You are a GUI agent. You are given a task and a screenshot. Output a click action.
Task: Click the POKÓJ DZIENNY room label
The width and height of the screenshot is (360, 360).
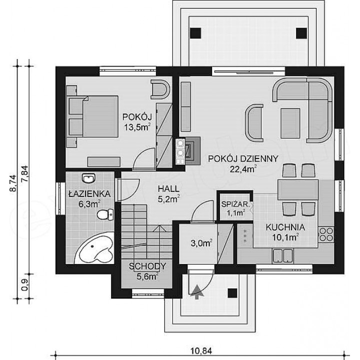pyautogui.click(x=243, y=158)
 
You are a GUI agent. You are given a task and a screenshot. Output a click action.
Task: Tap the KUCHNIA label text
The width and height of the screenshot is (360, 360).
pyautogui.click(x=285, y=227)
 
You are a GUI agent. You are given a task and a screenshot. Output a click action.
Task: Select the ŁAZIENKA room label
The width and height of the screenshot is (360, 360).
pyautogui.click(x=90, y=194)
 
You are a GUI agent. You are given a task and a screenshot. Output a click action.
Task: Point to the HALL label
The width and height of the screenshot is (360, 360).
pyautogui.click(x=168, y=188)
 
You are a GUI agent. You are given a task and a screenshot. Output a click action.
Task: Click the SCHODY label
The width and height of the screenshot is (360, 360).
pyautogui.click(x=147, y=266)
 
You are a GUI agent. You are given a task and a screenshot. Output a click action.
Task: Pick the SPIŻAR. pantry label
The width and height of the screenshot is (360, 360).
pyautogui.click(x=234, y=204)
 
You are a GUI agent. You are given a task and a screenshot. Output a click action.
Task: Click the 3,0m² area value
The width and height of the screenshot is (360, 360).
pyautogui.click(x=201, y=243)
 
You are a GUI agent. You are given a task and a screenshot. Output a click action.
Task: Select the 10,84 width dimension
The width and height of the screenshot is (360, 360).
pyautogui.click(x=201, y=351)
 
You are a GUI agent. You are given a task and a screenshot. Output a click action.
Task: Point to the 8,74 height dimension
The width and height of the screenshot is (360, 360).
pyautogui.click(x=13, y=183)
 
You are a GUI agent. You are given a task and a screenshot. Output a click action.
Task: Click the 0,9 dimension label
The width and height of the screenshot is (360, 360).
pyautogui.click(x=25, y=284)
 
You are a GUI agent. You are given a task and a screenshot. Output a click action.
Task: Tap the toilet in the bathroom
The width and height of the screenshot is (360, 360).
pyautogui.click(x=105, y=214)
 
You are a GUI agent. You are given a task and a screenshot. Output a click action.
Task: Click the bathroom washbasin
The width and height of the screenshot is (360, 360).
pyautogui.click(x=88, y=178)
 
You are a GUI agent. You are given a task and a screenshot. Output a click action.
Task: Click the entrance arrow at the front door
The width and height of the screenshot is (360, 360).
pyautogui.click(x=197, y=292)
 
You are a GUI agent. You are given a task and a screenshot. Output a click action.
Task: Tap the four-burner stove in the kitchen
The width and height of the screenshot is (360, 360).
pyautogui.click(x=326, y=234)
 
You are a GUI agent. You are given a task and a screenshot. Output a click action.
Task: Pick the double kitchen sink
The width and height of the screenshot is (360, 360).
pyautogui.click(x=282, y=256)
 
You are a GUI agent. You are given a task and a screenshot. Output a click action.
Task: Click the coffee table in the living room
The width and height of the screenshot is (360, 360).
pyautogui.click(x=290, y=123)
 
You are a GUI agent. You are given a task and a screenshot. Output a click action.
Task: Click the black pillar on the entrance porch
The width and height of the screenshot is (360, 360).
pyautogui.click(x=232, y=293)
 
